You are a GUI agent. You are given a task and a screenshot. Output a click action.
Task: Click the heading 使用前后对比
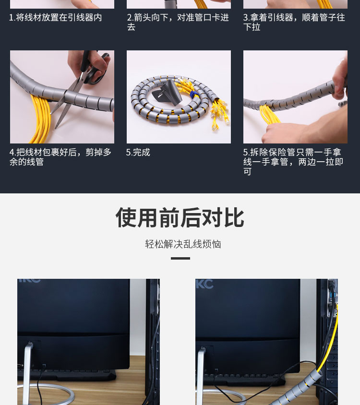pos(180,217)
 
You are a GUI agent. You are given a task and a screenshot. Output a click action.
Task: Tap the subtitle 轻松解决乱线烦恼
pos(183,244)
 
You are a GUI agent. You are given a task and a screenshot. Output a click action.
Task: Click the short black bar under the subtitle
pos(180,258)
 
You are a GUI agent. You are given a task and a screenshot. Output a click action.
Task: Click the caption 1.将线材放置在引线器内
pos(56,18)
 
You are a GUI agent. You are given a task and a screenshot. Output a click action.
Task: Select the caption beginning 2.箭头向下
pos(178,22)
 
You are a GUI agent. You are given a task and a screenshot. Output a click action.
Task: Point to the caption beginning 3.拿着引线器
pos(294,22)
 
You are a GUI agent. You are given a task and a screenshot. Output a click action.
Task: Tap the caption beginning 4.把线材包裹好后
pos(60,157)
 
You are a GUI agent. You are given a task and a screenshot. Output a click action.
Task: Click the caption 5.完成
pos(138,153)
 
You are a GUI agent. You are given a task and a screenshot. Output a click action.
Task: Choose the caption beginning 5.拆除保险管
pos(293,162)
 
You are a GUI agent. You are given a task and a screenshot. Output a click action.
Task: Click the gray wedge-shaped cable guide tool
pos(167,92)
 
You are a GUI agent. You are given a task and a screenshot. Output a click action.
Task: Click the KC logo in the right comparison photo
pos(204,284)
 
